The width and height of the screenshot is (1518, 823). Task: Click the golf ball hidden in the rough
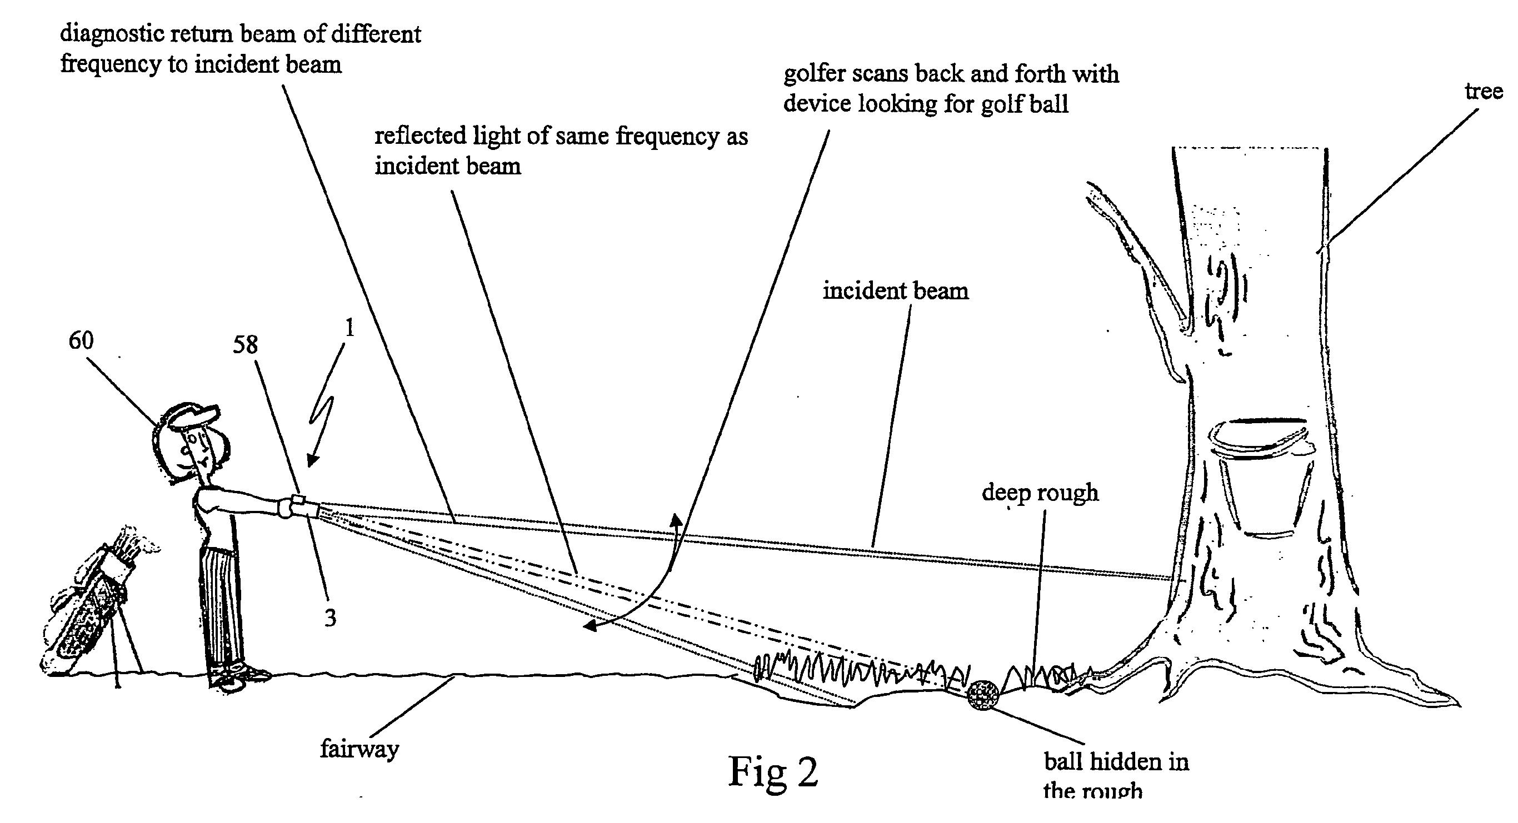pos(983,697)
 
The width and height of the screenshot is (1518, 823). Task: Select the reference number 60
pos(81,341)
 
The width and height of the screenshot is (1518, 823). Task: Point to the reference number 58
pos(245,345)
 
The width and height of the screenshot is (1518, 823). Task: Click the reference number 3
pos(330,618)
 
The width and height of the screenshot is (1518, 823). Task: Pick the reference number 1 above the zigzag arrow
pos(349,328)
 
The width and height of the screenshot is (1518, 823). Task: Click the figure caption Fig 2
pos(774,771)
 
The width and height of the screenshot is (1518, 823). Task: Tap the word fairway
pos(359,749)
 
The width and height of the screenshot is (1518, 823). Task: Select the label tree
pos(1484,92)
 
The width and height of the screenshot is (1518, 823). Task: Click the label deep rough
pos(1040,493)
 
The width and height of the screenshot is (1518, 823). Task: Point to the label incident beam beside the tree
pos(896,291)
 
